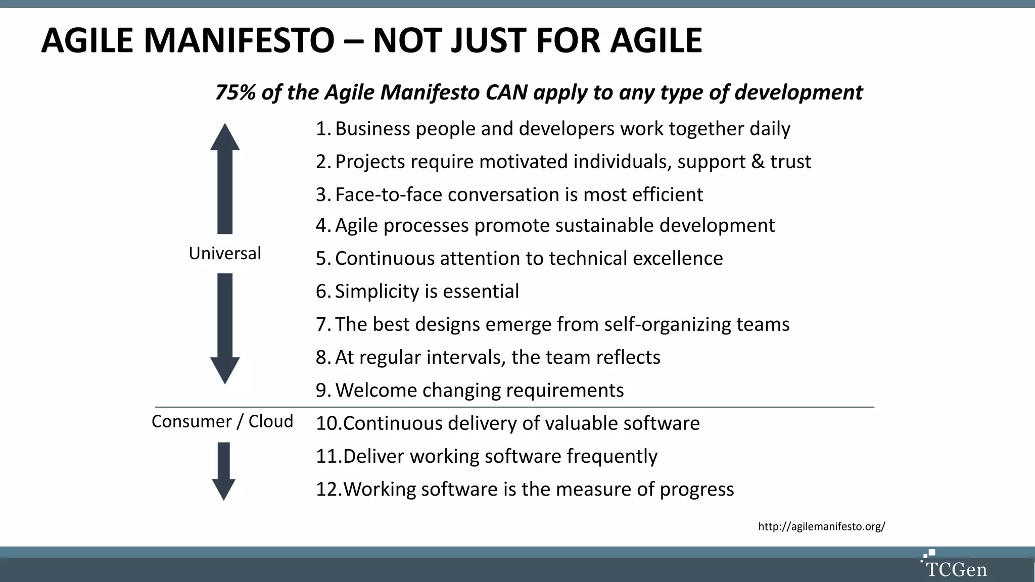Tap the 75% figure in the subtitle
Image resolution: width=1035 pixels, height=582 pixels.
pyautogui.click(x=235, y=92)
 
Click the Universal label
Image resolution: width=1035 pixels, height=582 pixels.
pyautogui.click(x=225, y=253)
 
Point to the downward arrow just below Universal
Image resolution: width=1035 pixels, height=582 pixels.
pyautogui.click(x=225, y=328)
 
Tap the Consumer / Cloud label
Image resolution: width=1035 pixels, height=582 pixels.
pyautogui.click(x=222, y=421)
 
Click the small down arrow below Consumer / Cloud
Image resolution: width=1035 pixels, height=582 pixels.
pyautogui.click(x=223, y=471)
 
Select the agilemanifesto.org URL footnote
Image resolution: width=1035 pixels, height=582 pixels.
pyautogui.click(x=821, y=526)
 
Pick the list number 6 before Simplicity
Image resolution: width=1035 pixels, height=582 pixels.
pyautogui.click(x=322, y=292)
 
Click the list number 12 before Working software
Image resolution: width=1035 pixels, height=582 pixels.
pyautogui.click(x=327, y=489)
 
